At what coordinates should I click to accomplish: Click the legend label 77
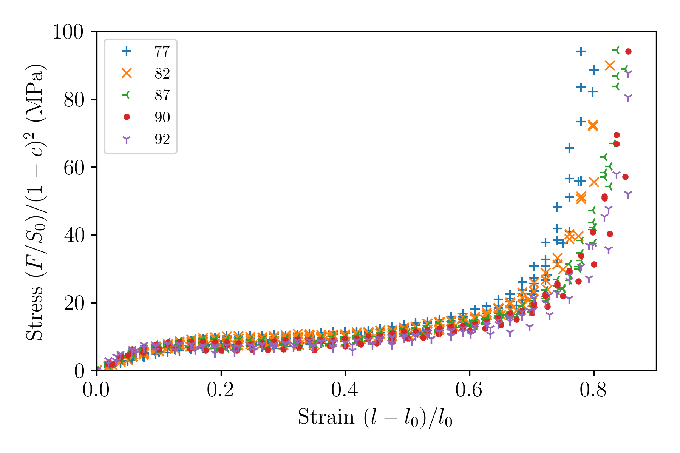click(x=162, y=51)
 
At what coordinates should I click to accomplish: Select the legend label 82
click(x=162, y=73)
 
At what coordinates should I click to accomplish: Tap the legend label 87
click(x=162, y=95)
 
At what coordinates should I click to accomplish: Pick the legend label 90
click(x=162, y=117)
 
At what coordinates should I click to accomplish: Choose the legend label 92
click(x=162, y=139)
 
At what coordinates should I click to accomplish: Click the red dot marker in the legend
click(x=127, y=117)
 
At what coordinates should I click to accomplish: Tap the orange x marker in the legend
click(x=127, y=73)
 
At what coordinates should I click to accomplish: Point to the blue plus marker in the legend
click(x=127, y=51)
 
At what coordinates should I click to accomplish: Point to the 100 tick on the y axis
click(x=68, y=32)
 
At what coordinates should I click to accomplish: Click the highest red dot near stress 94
click(x=628, y=51)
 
